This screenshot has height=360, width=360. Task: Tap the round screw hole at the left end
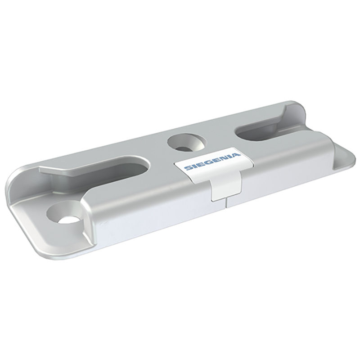[x=64, y=213]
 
